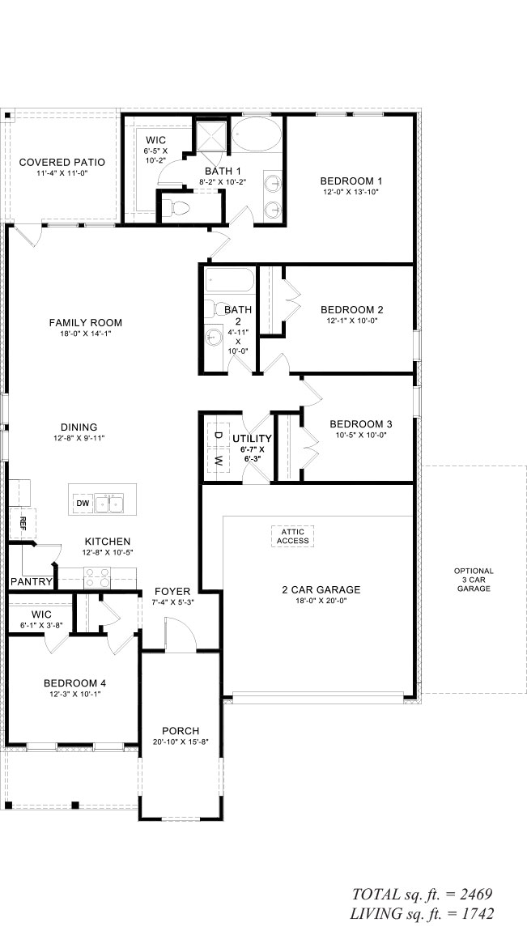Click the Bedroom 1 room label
tap(351, 181)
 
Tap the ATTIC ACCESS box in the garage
tap(292, 535)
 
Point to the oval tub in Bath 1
tap(257, 133)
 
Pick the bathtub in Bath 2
tap(229, 281)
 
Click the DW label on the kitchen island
tap(82, 504)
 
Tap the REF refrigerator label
tap(23, 521)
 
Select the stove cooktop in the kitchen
tap(98, 578)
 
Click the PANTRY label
tap(32, 582)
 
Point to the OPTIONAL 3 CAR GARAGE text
tap(474, 580)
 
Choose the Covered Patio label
tap(62, 162)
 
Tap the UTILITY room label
tap(253, 438)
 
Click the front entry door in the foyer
tap(180, 633)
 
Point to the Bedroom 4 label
tap(74, 682)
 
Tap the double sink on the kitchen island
tap(110, 504)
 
